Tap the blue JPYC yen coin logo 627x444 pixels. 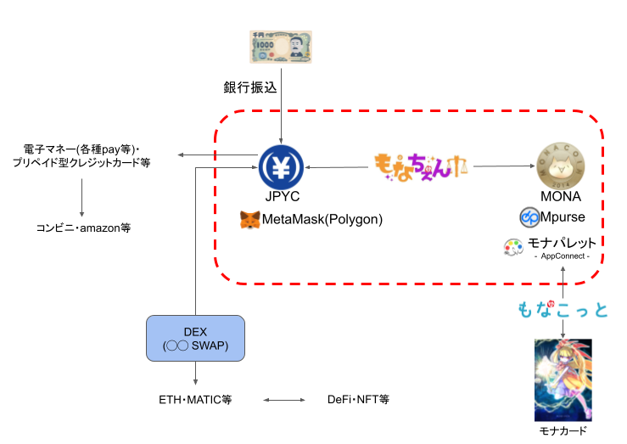(x=281, y=166)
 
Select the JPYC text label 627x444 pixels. (x=281, y=198)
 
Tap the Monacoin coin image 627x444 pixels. (x=561, y=166)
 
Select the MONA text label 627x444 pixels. (x=561, y=198)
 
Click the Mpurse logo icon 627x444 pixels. (x=529, y=218)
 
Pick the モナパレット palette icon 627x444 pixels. (x=513, y=247)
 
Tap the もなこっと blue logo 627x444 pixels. (x=563, y=309)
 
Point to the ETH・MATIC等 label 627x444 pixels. (x=195, y=399)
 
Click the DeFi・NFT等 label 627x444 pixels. (x=358, y=399)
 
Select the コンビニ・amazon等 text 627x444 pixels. (x=83, y=228)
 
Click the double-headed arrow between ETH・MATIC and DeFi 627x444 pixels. (x=283, y=399)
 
